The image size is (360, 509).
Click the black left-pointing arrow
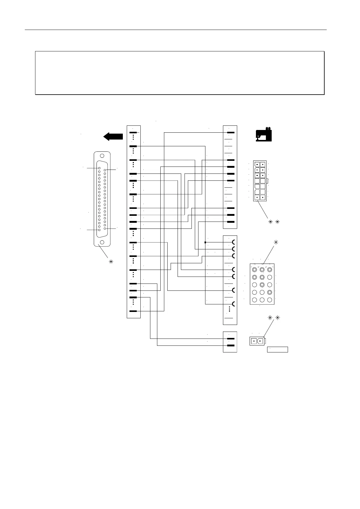point(113,137)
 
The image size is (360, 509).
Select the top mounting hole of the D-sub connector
point(102,156)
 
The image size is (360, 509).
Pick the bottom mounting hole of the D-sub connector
point(102,242)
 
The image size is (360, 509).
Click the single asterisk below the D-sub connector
point(111,262)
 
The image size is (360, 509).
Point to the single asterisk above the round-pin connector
point(276,242)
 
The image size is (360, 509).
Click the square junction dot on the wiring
point(205,242)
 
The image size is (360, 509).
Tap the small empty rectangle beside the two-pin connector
point(277,350)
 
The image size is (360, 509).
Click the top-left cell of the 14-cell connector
point(257,165)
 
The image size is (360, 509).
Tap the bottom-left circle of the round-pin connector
point(254,300)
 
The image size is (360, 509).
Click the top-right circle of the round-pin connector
point(270,269)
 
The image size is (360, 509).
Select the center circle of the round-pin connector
point(262,285)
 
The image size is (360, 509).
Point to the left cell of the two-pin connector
point(254,342)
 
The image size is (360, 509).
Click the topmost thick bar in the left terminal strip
point(133,132)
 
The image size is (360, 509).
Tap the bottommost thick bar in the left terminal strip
point(133,311)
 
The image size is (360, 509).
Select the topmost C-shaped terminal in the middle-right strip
point(234,242)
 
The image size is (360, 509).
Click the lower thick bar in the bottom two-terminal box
point(231,345)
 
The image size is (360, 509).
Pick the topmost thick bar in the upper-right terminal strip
point(231,132)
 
